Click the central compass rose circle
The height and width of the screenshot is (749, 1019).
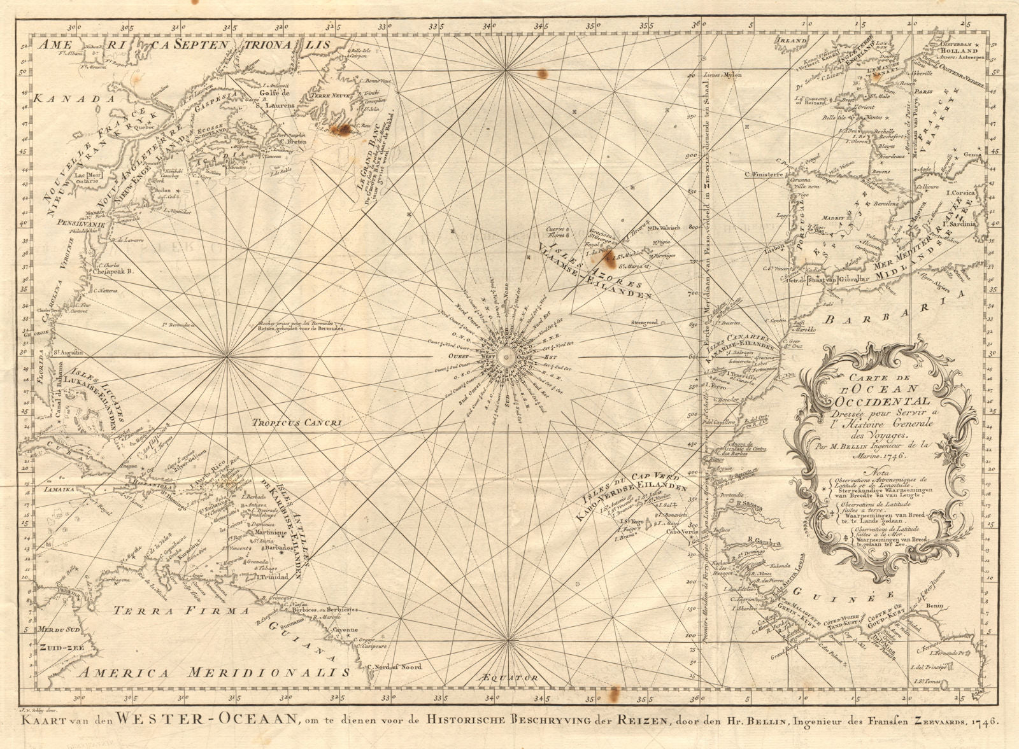coord(507,357)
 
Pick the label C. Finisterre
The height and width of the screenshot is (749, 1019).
coord(767,174)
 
